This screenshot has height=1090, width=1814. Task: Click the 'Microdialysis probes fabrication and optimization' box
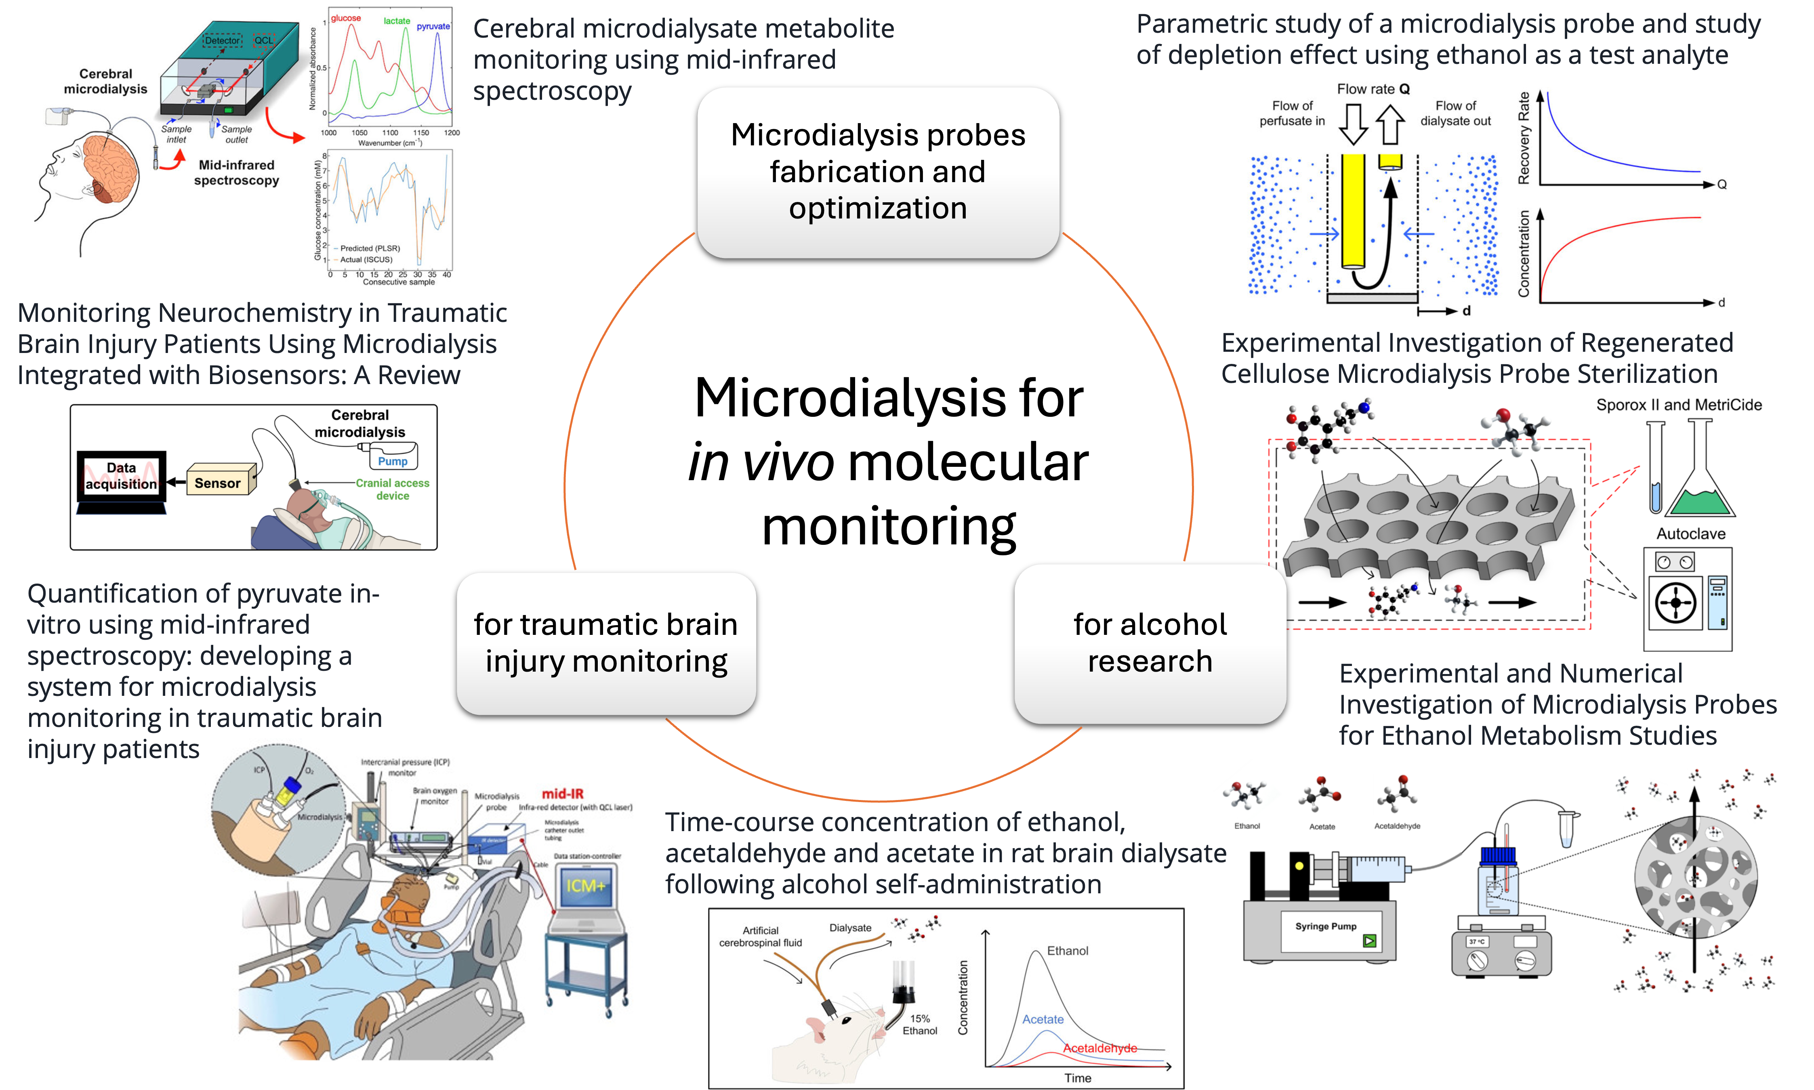[x=878, y=172]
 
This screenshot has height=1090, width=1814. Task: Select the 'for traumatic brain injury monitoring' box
[x=606, y=643]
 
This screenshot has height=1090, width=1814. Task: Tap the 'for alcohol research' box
[x=1150, y=643]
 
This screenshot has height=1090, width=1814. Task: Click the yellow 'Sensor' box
[x=218, y=483]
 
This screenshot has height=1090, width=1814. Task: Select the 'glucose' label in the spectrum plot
[x=345, y=18]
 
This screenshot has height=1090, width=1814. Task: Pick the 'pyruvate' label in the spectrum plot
[x=433, y=26]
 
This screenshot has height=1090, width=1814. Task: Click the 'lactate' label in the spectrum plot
[x=397, y=21]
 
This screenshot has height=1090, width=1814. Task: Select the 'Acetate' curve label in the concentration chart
[x=1043, y=1019]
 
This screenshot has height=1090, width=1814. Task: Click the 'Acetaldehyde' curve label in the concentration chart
[x=1100, y=1048]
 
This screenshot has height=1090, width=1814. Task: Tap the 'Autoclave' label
[x=1691, y=534]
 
